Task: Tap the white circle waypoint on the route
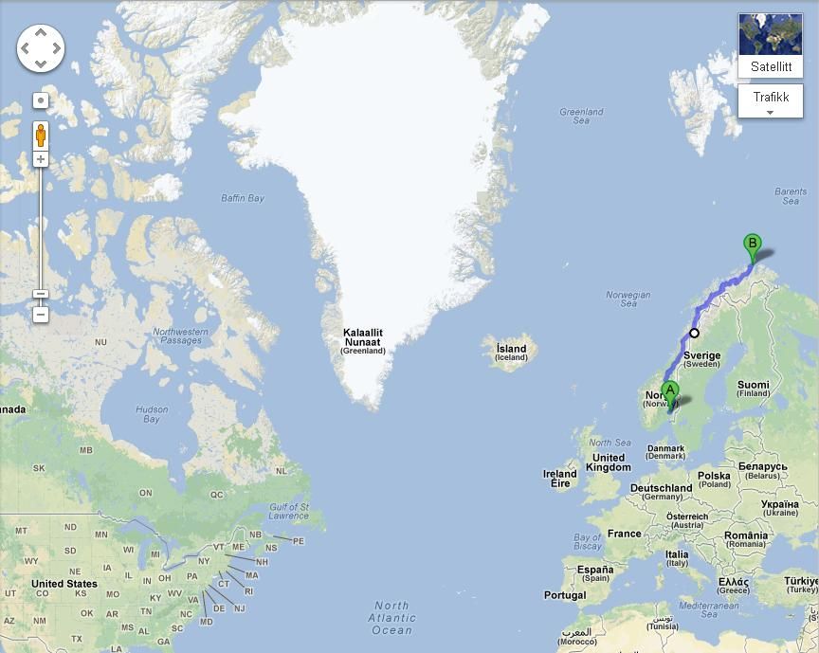coord(694,333)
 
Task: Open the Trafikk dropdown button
coord(770,101)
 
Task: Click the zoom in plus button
coord(41,159)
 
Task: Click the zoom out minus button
coord(41,314)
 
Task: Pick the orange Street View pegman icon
coord(41,135)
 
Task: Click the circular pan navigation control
coord(41,47)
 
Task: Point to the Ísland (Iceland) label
coord(511,353)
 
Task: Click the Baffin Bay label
coord(242,198)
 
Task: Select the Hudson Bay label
coord(152,414)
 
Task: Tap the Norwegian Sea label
coord(628,299)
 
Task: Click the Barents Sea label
coord(790,196)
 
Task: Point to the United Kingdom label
coord(608,463)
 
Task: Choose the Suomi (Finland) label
coord(754,389)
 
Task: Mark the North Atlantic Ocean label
coord(391,618)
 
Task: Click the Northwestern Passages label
coord(180,336)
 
